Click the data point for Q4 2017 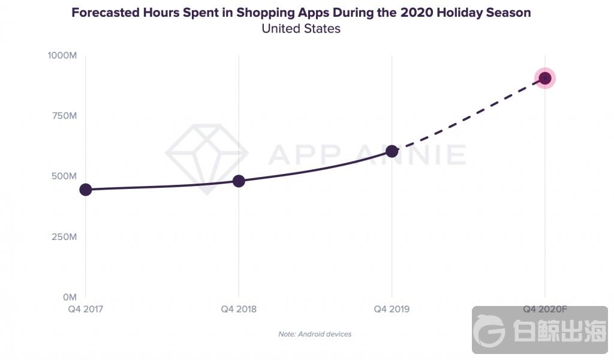coord(86,190)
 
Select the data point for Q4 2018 coord(239,181)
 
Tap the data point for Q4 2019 coord(392,151)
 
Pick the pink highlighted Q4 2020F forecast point coord(545,78)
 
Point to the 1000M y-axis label coord(62,55)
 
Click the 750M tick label coord(64,116)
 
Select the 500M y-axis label coord(64,176)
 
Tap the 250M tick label coord(64,237)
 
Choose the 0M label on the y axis coord(70,297)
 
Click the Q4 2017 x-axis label coord(86,310)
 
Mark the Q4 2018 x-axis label coord(239,310)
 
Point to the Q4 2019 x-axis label coord(392,310)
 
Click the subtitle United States coord(301,28)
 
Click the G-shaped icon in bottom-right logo coord(489,330)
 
